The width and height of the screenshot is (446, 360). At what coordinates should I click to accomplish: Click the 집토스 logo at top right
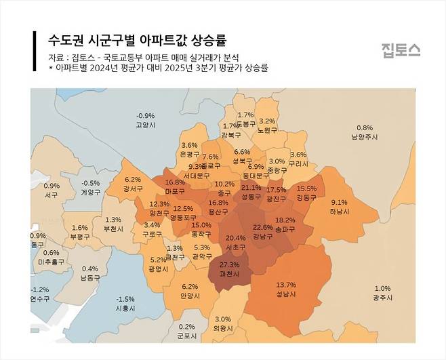400,49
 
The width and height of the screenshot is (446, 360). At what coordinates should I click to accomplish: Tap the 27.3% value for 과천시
230,264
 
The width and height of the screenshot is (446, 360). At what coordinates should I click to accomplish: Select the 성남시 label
286,294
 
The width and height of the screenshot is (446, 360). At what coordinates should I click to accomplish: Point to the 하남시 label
339,212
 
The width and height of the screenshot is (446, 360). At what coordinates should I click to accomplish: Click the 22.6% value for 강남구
262,227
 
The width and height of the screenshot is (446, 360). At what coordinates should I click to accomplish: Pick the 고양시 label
146,125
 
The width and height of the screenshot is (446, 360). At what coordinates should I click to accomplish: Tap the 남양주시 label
364,137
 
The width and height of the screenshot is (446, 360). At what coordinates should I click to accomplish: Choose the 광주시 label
382,298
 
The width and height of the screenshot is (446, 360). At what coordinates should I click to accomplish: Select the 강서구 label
133,188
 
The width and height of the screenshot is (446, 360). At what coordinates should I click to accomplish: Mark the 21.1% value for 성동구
251,188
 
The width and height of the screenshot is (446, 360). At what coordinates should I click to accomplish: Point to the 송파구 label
285,231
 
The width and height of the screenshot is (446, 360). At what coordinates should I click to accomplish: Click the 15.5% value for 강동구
306,188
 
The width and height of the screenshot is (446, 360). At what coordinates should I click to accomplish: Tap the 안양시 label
190,296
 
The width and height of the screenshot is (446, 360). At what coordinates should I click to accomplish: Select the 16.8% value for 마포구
175,182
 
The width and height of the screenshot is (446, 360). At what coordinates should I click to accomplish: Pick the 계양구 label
91,193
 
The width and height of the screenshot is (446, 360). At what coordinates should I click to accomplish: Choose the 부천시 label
113,229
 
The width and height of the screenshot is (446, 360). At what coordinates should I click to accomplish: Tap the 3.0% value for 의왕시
222,319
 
